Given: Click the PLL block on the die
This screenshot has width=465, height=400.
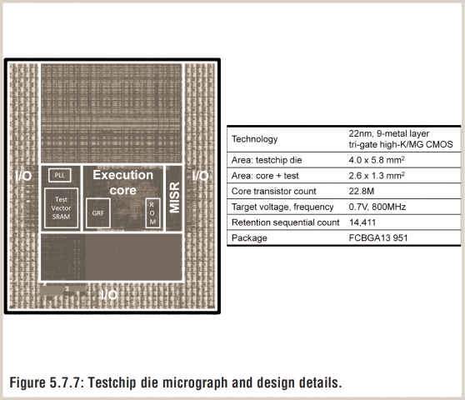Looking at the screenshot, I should tap(59, 175).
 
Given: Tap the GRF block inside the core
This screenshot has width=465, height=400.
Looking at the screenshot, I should tap(98, 213).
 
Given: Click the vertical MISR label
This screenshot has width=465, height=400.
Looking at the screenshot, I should tap(174, 197).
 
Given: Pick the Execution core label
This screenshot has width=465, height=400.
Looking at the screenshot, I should tap(122, 182).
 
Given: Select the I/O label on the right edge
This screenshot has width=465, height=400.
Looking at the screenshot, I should tap(201, 176).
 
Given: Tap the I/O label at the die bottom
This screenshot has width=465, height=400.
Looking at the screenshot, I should tap(107, 295).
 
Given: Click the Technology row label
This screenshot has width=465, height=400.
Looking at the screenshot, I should tap(255, 139).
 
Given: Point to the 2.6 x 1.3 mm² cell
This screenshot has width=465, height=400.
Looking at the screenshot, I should tap(382, 175).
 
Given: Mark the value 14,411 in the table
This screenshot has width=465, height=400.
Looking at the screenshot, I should tap(363, 222).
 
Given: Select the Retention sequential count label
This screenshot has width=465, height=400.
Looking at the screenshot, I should tap(284, 222).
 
